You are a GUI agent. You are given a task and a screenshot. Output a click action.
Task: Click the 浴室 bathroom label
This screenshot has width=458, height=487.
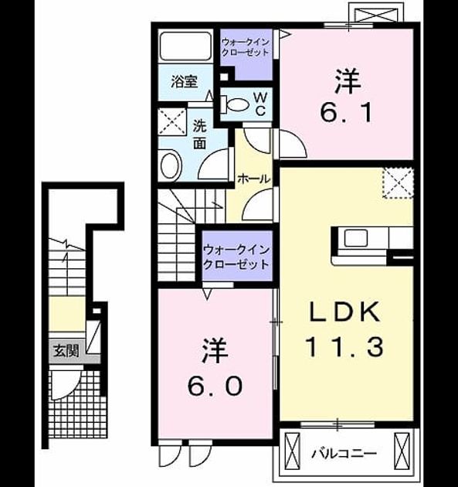(184, 82)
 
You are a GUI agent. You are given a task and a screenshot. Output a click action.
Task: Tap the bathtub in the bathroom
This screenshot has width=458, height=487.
(185, 46)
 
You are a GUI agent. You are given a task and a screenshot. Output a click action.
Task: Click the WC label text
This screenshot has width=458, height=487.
(261, 104)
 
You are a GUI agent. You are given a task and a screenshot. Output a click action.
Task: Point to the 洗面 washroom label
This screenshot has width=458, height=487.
(200, 135)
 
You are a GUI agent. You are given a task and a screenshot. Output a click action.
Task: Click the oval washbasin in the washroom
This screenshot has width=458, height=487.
(171, 165)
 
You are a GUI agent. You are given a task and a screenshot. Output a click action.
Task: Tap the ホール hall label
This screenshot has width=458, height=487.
(254, 179)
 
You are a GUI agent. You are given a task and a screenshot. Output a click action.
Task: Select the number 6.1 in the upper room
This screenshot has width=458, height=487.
(345, 112)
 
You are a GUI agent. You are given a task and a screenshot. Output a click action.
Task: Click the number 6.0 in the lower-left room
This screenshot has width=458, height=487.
(215, 386)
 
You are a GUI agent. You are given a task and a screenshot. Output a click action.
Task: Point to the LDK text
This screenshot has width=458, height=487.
(345, 312)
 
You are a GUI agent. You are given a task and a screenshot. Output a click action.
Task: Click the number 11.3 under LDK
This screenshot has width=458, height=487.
(344, 347)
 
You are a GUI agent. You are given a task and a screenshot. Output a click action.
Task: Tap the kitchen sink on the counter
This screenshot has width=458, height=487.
(355, 238)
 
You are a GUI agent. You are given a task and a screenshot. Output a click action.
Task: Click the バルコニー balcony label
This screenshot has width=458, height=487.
(344, 454)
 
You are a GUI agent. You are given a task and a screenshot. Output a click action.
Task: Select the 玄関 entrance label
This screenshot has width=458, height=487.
(66, 351)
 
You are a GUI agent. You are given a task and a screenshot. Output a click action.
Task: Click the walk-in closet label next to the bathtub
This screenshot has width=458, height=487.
(245, 47)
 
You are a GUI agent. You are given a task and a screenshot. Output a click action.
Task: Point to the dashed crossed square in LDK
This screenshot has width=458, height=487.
(399, 183)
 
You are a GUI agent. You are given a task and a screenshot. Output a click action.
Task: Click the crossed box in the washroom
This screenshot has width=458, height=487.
(172, 122)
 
